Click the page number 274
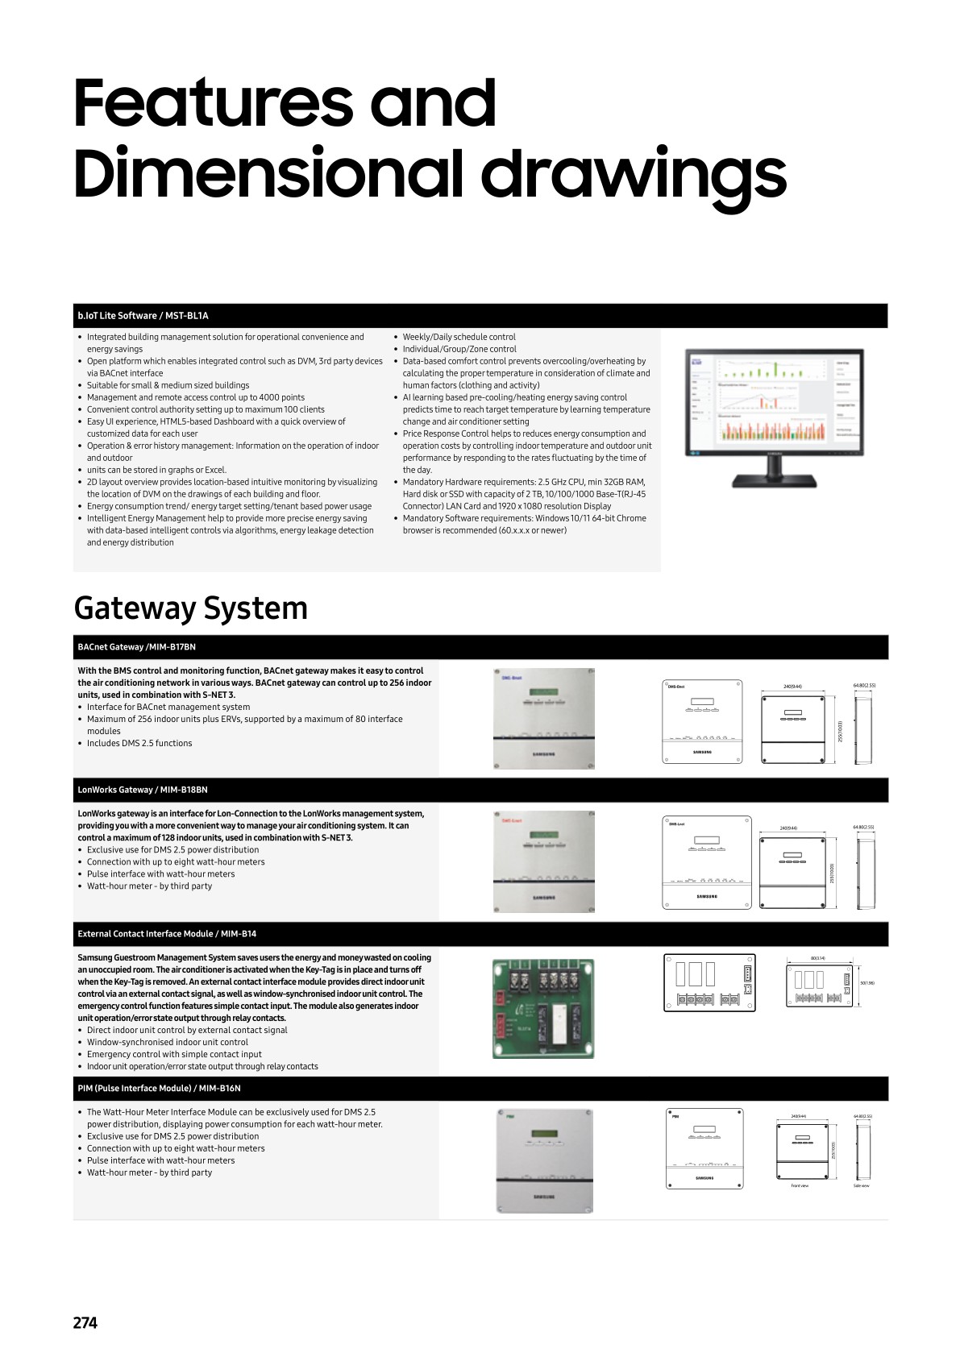click(x=85, y=1322)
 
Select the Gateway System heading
click(x=190, y=608)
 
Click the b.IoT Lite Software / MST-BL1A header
click(x=143, y=316)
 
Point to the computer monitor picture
click(x=774, y=417)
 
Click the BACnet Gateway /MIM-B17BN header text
click(x=136, y=647)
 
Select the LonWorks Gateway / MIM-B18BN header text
click(x=142, y=790)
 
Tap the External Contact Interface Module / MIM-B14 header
click(x=167, y=934)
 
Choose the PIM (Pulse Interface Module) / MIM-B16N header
click(x=159, y=1088)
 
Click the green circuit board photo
click(x=543, y=1008)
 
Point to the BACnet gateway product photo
click(x=544, y=718)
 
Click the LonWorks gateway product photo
click(x=544, y=861)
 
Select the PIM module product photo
click(x=544, y=1160)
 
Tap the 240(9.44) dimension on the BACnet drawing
click(x=792, y=687)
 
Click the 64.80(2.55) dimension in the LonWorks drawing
click(x=863, y=827)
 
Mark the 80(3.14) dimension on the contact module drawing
click(x=817, y=958)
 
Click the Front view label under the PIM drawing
click(x=800, y=1186)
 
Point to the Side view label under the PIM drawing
click(x=862, y=1186)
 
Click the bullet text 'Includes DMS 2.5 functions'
click(x=139, y=743)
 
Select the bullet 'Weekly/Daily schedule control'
click(x=459, y=337)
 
